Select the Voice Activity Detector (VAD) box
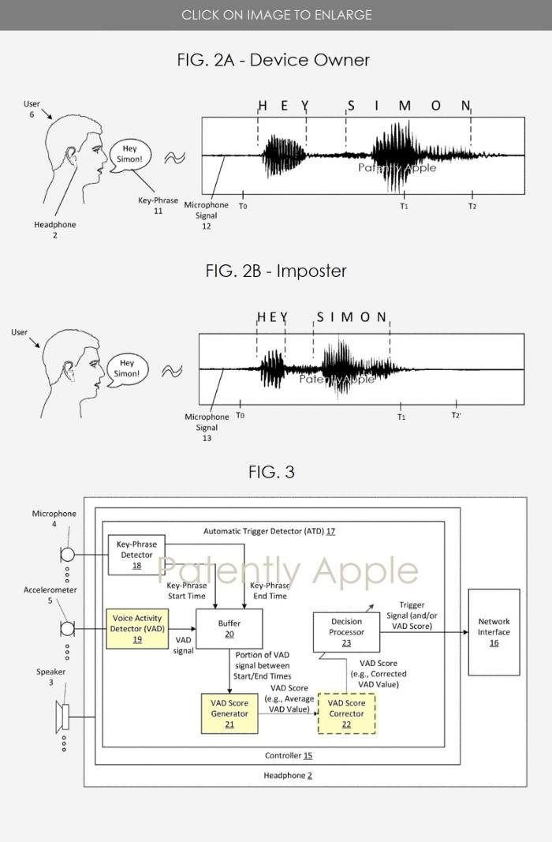pyautogui.click(x=137, y=628)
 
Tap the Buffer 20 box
pyautogui.click(x=229, y=628)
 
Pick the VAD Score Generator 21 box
pyautogui.click(x=229, y=713)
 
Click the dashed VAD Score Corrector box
pyautogui.click(x=346, y=713)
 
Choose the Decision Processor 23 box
pyautogui.click(x=346, y=631)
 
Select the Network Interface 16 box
pyautogui.click(x=494, y=631)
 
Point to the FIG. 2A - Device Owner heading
pyautogui.click(x=274, y=60)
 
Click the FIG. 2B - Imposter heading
pyautogui.click(x=276, y=271)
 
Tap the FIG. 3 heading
pyautogui.click(x=271, y=472)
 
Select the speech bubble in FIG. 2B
pyautogui.click(x=127, y=368)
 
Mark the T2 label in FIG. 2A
pyautogui.click(x=472, y=206)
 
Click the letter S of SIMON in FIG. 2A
pyautogui.click(x=351, y=106)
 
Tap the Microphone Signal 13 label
pyautogui.click(x=207, y=427)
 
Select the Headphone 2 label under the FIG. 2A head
pyautogui.click(x=55, y=230)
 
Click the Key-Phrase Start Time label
pyautogui.click(x=187, y=590)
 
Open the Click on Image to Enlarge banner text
pyautogui.click(x=276, y=15)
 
